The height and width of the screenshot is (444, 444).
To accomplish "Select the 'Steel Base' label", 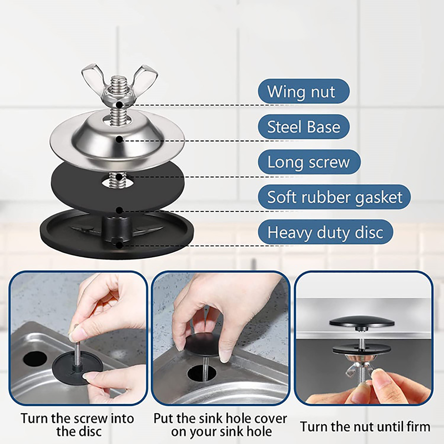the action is [x=303, y=127].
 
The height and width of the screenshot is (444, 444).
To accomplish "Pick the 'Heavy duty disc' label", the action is [x=325, y=232].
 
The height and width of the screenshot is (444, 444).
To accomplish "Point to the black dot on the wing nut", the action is [x=119, y=105].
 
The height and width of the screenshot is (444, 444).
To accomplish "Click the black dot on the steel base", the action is [x=119, y=140].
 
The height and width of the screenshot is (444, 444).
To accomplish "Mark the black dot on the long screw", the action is [x=119, y=176].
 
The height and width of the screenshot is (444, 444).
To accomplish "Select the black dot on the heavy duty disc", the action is [x=119, y=245].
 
